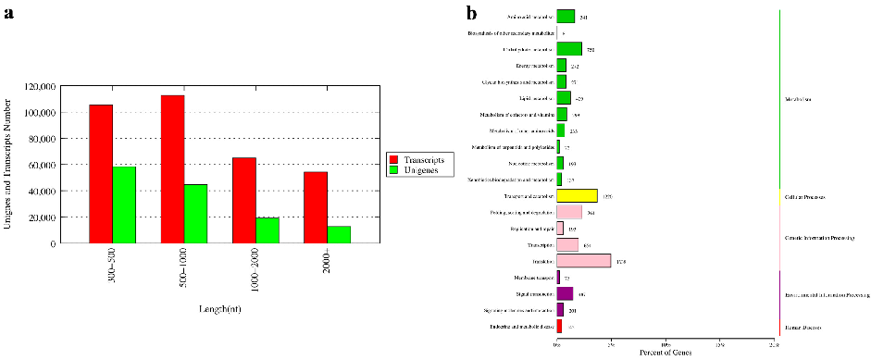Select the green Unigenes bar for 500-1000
(195, 213)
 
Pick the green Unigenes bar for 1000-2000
(268, 230)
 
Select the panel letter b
(472, 13)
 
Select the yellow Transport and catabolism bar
(577, 196)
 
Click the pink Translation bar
(583, 261)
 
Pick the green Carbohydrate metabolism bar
(568, 49)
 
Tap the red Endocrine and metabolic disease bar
(559, 326)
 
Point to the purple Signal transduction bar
(565, 293)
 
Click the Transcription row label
(539, 245)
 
